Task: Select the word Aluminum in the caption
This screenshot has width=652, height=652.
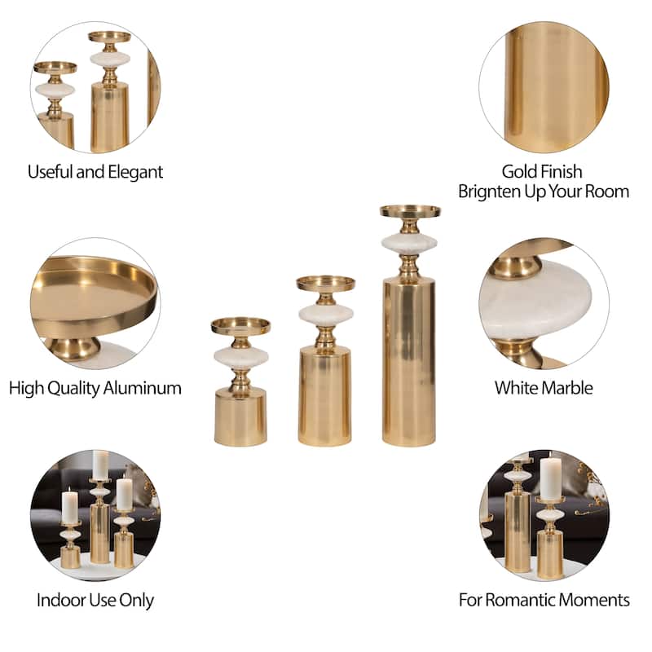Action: [142, 388]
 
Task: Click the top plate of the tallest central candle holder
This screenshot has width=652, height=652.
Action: [410, 211]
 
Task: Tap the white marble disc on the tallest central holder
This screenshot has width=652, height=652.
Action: [409, 243]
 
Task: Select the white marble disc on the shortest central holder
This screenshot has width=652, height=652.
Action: [240, 357]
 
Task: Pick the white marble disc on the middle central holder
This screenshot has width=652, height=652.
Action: [325, 315]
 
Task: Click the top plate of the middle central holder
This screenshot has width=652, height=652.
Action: [325, 284]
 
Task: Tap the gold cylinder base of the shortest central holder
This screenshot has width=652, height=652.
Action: [240, 416]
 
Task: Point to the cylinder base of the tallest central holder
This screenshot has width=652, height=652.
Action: [409, 361]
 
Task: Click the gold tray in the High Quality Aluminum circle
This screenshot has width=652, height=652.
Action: [95, 295]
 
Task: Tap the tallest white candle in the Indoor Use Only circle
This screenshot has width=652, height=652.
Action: [100, 465]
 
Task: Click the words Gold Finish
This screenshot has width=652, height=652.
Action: [542, 171]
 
